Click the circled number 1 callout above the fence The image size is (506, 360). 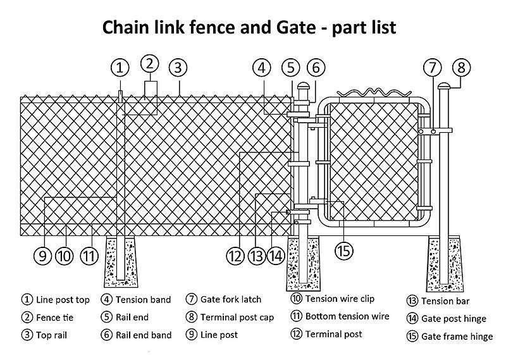point(120,67)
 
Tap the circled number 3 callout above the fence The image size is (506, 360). point(179,67)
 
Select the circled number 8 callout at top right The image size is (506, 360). point(461,67)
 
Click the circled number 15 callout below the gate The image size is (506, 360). point(343,251)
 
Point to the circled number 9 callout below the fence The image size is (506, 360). point(42,256)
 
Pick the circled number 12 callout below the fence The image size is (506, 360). point(235,256)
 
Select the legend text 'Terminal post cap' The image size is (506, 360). point(237,317)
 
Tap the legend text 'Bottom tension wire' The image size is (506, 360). point(347,316)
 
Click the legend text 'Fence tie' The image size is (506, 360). point(56,318)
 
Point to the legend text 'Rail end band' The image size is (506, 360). point(144,335)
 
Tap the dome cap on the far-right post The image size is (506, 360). point(442,85)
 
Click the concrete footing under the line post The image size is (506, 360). point(120,261)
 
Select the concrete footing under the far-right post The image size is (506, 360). point(448,261)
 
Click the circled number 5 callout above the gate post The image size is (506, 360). point(290,67)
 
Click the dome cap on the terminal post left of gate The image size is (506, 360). point(303,87)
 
